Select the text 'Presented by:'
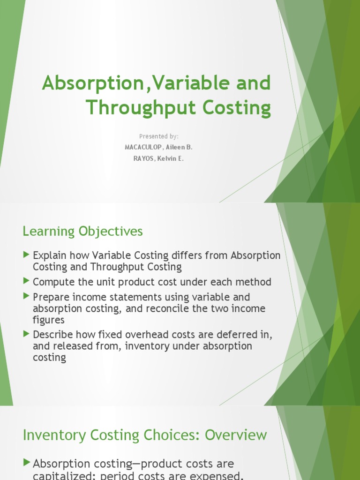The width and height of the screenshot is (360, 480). point(158,136)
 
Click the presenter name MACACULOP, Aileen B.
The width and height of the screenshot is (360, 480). point(158,147)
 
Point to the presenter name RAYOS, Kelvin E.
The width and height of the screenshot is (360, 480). point(158,158)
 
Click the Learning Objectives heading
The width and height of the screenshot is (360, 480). point(83,231)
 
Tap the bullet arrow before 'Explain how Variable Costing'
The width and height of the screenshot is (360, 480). point(26,255)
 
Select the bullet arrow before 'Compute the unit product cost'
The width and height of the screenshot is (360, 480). point(26,281)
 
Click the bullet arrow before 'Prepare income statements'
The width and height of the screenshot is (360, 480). point(26,296)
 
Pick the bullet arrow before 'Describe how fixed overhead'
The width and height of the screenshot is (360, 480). point(26,334)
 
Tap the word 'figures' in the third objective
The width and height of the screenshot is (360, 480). point(49,320)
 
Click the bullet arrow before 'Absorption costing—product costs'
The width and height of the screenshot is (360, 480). point(26,463)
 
